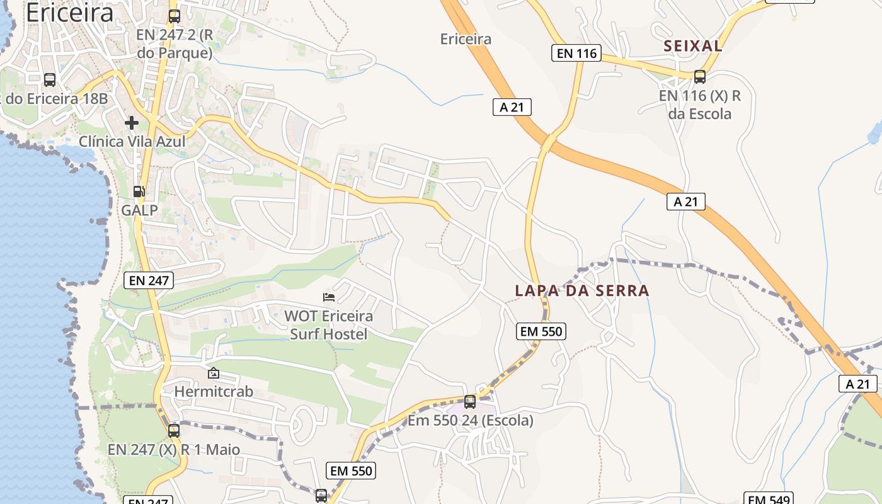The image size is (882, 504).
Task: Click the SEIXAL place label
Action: coord(693,45)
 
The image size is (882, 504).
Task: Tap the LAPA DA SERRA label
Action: coord(581,290)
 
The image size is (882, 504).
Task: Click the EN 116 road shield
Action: coord(576,54)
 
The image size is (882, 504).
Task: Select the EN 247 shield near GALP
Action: coord(149,280)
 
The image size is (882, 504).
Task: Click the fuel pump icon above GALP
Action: coord(139,192)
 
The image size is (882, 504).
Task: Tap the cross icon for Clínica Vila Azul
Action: coord(132,122)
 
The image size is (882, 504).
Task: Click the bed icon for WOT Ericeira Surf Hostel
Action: coord(328,297)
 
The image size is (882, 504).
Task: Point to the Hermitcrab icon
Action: coord(213,373)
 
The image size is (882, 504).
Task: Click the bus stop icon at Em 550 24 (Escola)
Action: coord(469,401)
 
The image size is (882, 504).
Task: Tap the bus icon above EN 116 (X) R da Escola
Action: coord(699,77)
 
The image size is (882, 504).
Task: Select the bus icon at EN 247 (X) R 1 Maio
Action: coord(173,431)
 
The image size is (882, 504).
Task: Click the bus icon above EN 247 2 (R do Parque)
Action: coord(175,16)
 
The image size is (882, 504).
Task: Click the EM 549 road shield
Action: coord(767,499)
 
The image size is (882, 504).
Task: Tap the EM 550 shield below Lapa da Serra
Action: coord(541,331)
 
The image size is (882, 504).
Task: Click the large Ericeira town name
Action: coord(69,13)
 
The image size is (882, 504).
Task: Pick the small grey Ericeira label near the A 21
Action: coord(466,39)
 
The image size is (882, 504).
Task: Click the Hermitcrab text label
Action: coord(214,391)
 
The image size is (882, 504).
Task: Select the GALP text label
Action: coord(139,210)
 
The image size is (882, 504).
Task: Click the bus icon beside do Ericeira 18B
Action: coord(50,80)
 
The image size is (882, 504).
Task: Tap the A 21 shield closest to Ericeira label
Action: coord(512,107)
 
